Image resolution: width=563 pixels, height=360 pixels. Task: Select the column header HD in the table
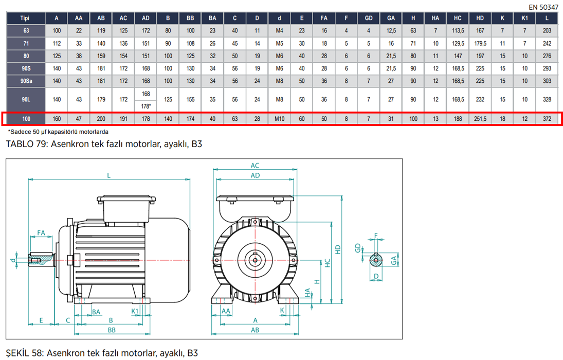480,17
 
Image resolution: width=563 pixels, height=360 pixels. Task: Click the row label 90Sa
25,81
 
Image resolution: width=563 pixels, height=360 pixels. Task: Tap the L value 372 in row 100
547,119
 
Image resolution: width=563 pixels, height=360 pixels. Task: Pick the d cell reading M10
279,119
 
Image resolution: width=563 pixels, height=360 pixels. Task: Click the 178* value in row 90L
146,106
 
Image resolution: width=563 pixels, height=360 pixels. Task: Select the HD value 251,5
480,119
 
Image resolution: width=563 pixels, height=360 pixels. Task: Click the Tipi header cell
25,17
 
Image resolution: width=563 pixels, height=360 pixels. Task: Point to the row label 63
25,31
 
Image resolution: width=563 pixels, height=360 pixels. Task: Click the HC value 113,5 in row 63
458,31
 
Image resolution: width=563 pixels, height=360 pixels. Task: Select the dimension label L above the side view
108,175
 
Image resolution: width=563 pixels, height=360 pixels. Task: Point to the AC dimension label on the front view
255,166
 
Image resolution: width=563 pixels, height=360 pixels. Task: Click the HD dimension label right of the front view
337,249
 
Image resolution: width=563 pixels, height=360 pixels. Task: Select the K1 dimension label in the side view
135,311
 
